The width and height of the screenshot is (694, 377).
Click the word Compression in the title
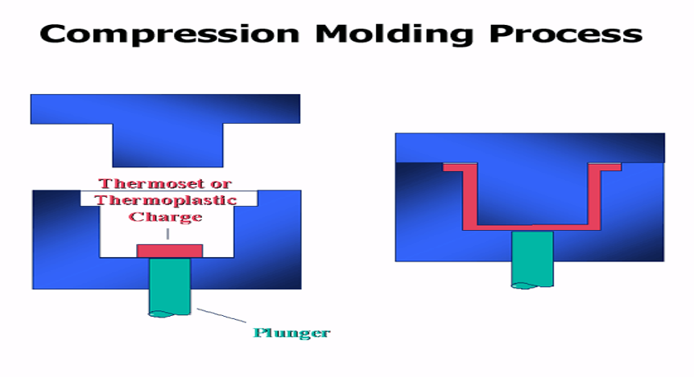tap(170, 34)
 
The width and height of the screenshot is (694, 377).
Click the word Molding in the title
tap(394, 34)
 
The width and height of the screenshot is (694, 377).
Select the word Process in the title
tap(566, 34)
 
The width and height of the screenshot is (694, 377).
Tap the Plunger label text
tap(291, 333)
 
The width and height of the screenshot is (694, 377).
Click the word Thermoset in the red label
tap(146, 183)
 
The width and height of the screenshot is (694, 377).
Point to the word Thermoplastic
tap(166, 200)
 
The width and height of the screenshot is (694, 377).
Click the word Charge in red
tap(166, 216)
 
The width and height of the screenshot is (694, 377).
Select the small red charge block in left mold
tap(170, 251)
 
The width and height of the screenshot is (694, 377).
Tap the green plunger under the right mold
tap(532, 260)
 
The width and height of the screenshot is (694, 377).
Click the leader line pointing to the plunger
tap(221, 315)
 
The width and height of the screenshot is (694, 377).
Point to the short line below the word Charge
tap(167, 234)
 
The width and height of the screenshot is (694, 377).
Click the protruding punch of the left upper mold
tap(167, 145)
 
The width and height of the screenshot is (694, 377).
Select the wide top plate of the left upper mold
tap(165, 109)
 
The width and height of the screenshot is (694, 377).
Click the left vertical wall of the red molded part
tap(469, 197)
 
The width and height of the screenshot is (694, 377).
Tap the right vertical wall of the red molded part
tap(594, 197)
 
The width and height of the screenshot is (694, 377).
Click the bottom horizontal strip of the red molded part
tap(531, 227)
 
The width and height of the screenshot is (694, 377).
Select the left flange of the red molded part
tap(460, 167)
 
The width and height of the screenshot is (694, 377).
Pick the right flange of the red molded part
tap(605, 167)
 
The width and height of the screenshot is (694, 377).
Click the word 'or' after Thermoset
tap(221, 184)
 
